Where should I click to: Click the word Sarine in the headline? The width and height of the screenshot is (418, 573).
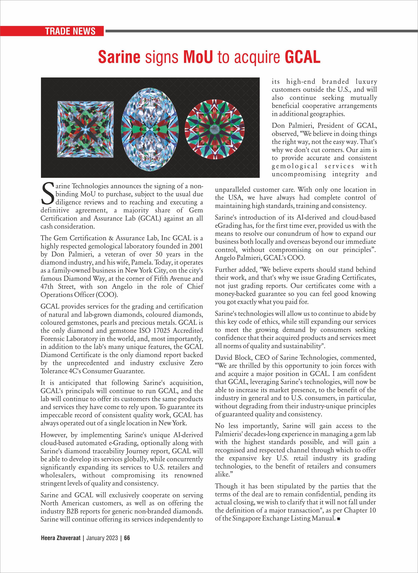point(119,57)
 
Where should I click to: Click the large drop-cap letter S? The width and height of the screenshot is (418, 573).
point(47,194)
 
